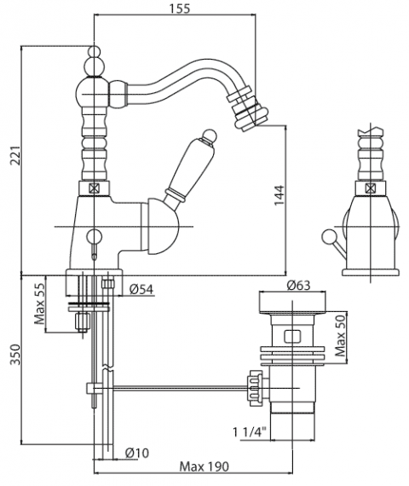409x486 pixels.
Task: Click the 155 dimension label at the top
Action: tap(180, 8)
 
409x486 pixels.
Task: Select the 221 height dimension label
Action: tap(14, 155)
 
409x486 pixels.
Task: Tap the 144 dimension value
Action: tap(279, 195)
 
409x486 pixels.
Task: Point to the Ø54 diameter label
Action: tap(141, 290)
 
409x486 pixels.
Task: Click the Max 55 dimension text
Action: tap(40, 304)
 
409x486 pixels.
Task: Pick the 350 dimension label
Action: tap(14, 355)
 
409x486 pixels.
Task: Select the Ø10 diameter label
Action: tap(137, 453)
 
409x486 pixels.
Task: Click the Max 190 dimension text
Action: tap(204, 466)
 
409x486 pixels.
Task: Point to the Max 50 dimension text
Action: tap(340, 336)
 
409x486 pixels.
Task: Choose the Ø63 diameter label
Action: tap(298, 285)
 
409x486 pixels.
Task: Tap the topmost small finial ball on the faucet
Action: tap(94, 51)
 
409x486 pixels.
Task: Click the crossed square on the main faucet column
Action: tap(94, 188)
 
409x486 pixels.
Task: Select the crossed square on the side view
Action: tap(370, 188)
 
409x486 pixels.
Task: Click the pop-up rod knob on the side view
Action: tap(327, 236)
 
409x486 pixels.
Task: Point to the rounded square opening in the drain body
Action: tap(292, 336)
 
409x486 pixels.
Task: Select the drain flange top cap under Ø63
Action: tap(292, 304)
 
